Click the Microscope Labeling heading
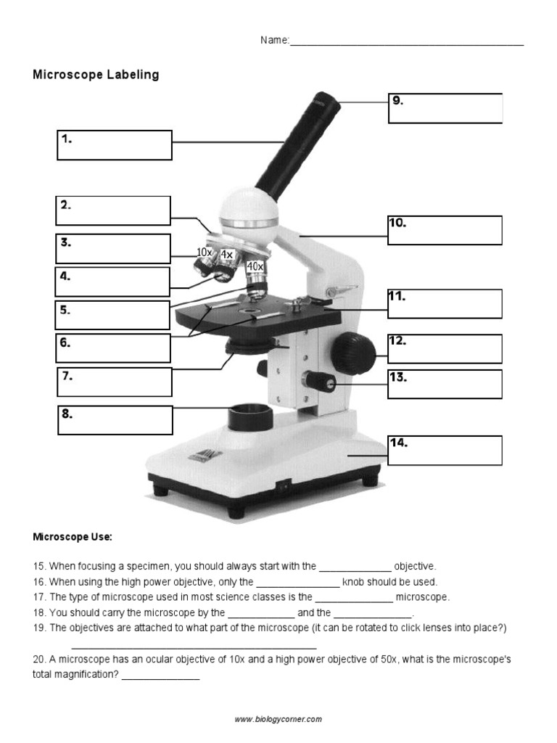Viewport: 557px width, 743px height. coord(96,75)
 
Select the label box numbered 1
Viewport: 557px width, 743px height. coord(115,145)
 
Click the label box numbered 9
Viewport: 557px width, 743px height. coord(445,108)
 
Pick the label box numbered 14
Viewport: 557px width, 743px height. coord(445,450)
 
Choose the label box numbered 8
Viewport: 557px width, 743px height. coord(115,420)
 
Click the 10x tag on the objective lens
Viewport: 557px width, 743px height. coord(205,253)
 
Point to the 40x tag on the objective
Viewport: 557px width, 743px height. coord(255,267)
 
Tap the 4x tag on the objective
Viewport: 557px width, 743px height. coord(226,255)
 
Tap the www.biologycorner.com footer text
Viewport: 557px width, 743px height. coord(278,719)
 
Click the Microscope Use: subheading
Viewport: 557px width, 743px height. coord(73,538)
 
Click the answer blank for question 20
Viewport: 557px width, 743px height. coord(160,675)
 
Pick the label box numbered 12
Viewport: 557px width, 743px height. coord(445,349)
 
